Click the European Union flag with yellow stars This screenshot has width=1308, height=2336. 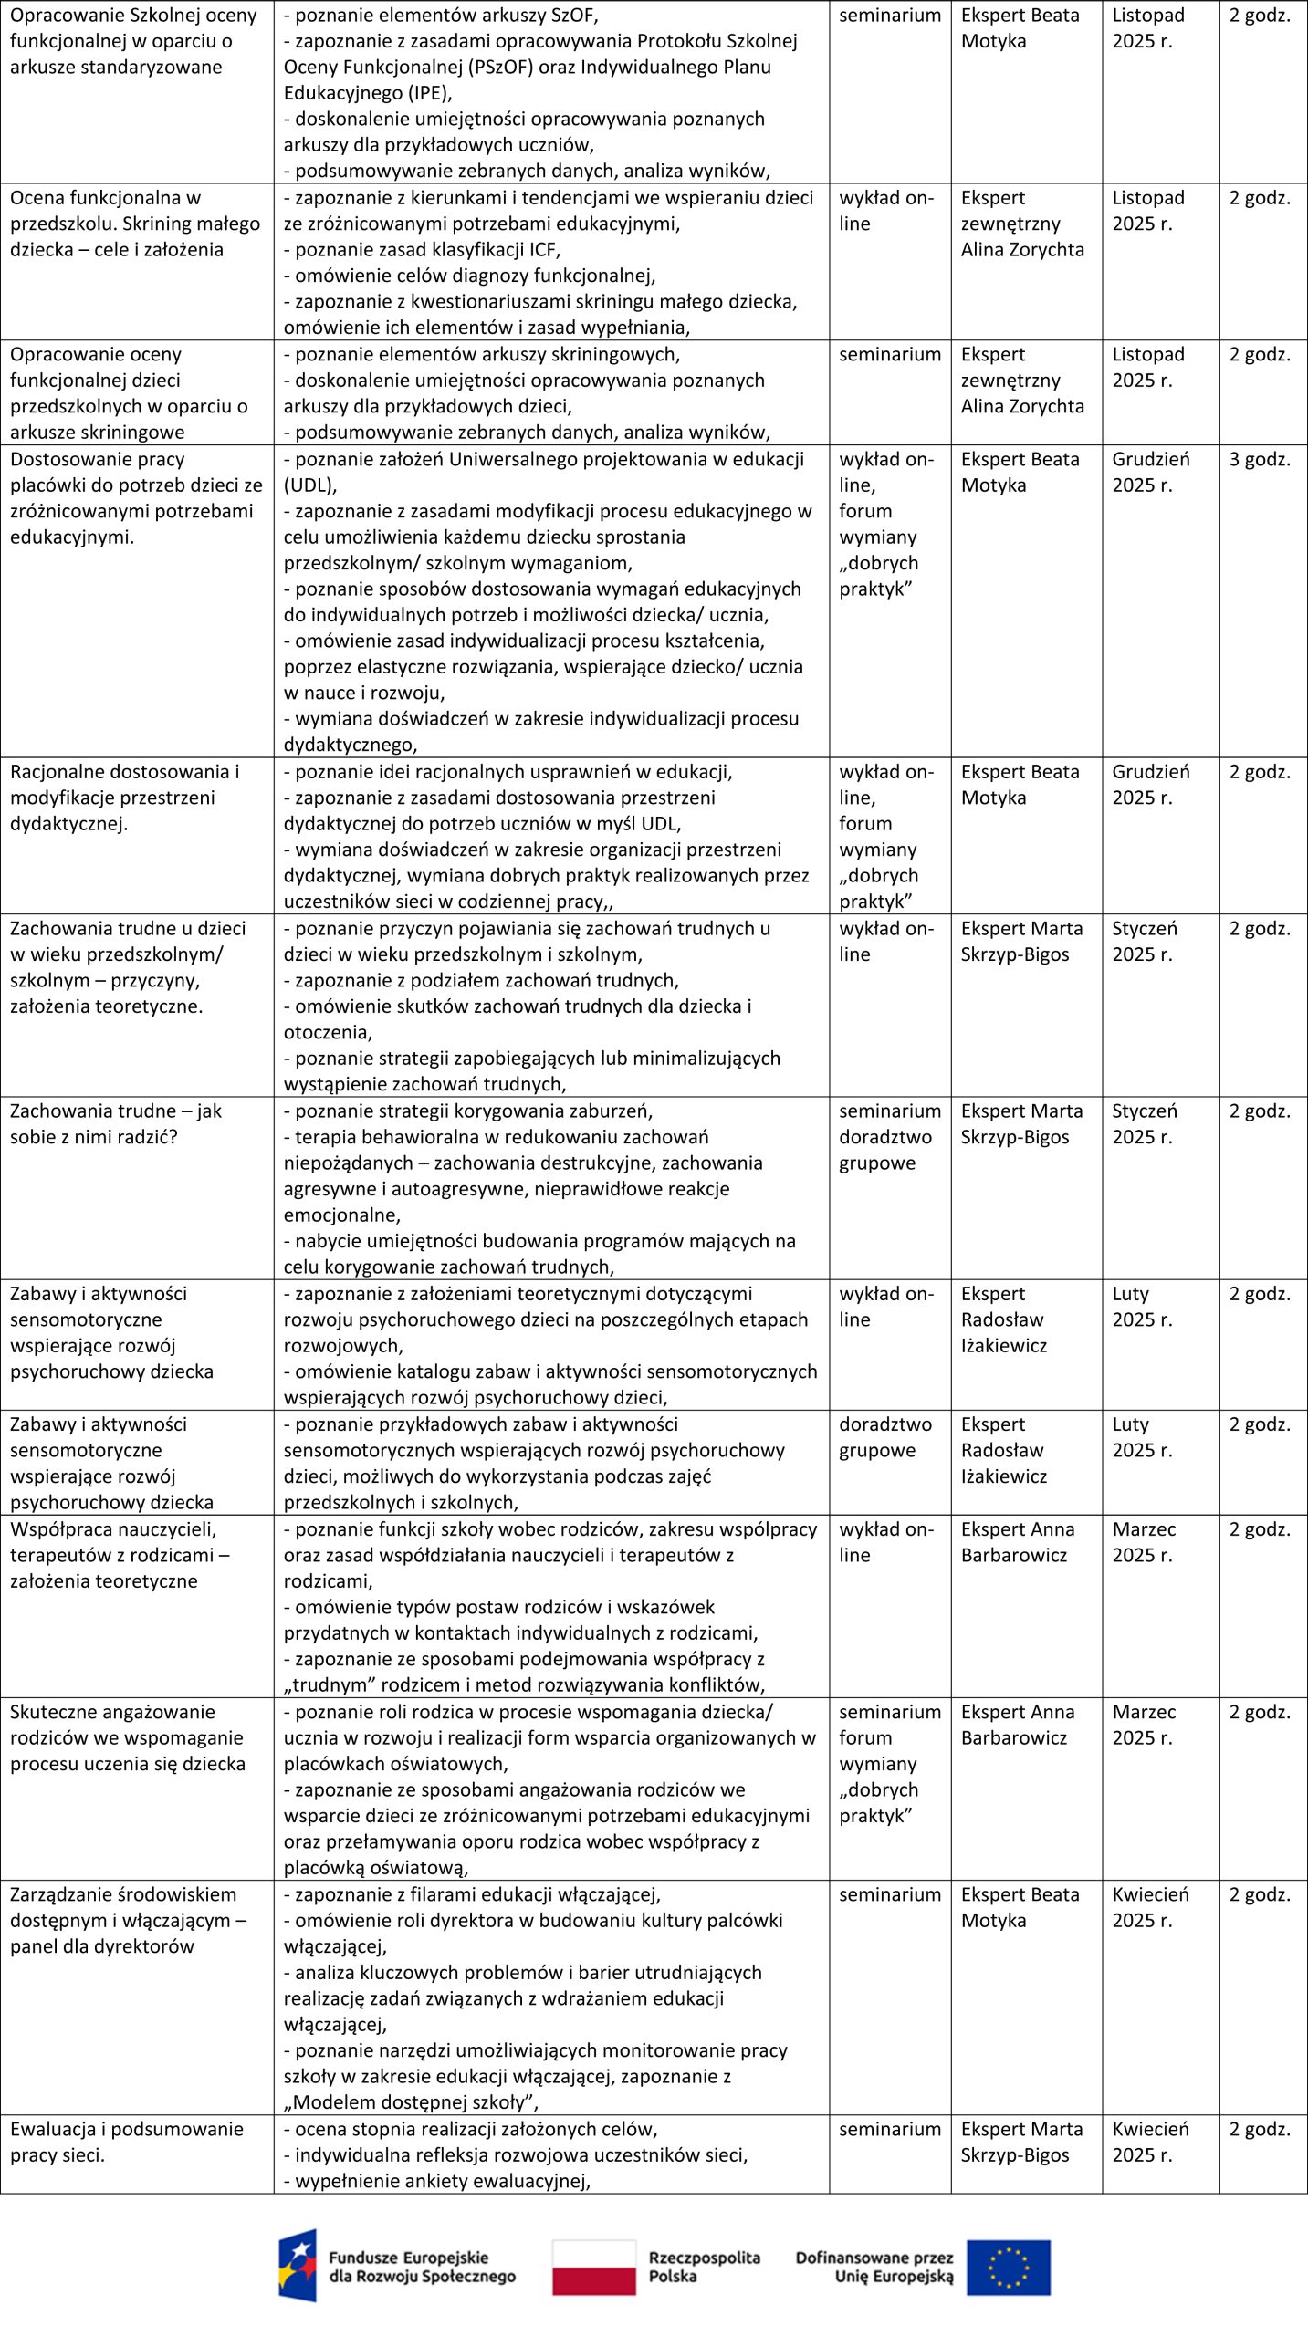pos(1008,2267)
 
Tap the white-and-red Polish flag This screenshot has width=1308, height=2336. pos(593,2267)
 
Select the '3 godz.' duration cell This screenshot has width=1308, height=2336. pos(1260,459)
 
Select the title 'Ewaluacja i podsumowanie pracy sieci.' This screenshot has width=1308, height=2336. pos(126,2142)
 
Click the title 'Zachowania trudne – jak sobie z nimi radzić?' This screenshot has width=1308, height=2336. pos(116,1123)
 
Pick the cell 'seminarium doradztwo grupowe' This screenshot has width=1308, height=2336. pos(889,1136)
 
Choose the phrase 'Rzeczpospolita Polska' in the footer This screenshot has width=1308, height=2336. pos(704,2267)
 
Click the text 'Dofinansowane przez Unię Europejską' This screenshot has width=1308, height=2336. pos(874,2267)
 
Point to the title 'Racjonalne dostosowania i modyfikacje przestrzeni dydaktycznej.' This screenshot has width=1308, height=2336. pos(124,798)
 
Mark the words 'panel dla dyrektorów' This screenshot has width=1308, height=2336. pos(102,1945)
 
